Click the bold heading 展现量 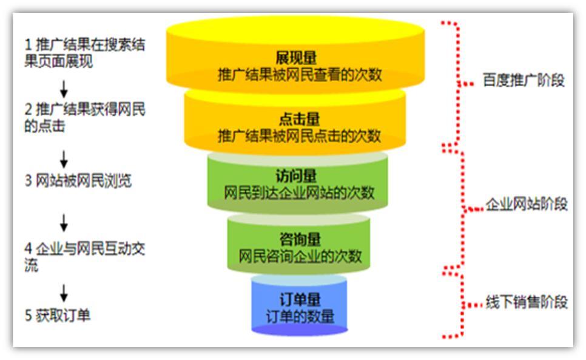(296, 58)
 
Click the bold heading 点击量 (299, 119)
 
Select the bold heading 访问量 (296, 175)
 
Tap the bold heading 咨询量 (300, 239)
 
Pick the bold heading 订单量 (300, 299)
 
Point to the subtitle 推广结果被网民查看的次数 (300, 75)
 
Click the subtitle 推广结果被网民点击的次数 (299, 136)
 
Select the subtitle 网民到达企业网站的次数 (299, 193)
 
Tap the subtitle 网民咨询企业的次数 (300, 256)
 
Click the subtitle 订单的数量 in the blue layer (300, 317)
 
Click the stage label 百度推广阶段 (524, 80)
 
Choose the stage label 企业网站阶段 (527, 204)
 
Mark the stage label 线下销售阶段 (527, 302)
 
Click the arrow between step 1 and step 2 (64, 89)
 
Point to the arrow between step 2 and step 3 (64, 160)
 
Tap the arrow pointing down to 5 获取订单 (64, 293)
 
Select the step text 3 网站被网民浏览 (78, 180)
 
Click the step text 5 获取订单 (58, 315)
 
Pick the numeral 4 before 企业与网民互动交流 (29, 248)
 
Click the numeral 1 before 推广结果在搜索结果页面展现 (28, 45)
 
